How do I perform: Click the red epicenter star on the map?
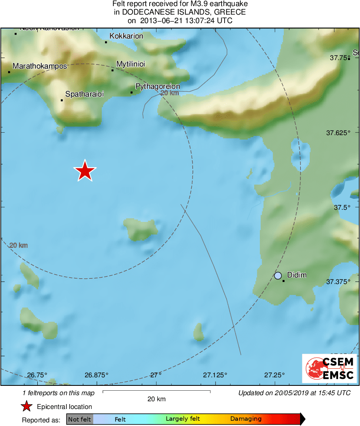85,171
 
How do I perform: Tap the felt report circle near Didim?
278,275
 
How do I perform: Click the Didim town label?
297,275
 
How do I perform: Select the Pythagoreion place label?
157,86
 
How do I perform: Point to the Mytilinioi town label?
131,64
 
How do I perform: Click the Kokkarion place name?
126,36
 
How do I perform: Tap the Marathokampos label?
40,66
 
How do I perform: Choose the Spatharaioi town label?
84,94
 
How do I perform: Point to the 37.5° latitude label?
342,207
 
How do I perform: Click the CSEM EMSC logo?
329,368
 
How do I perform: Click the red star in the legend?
27,407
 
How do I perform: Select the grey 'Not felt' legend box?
79,419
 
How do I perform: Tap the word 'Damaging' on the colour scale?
246,419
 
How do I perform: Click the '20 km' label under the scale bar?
156,399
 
